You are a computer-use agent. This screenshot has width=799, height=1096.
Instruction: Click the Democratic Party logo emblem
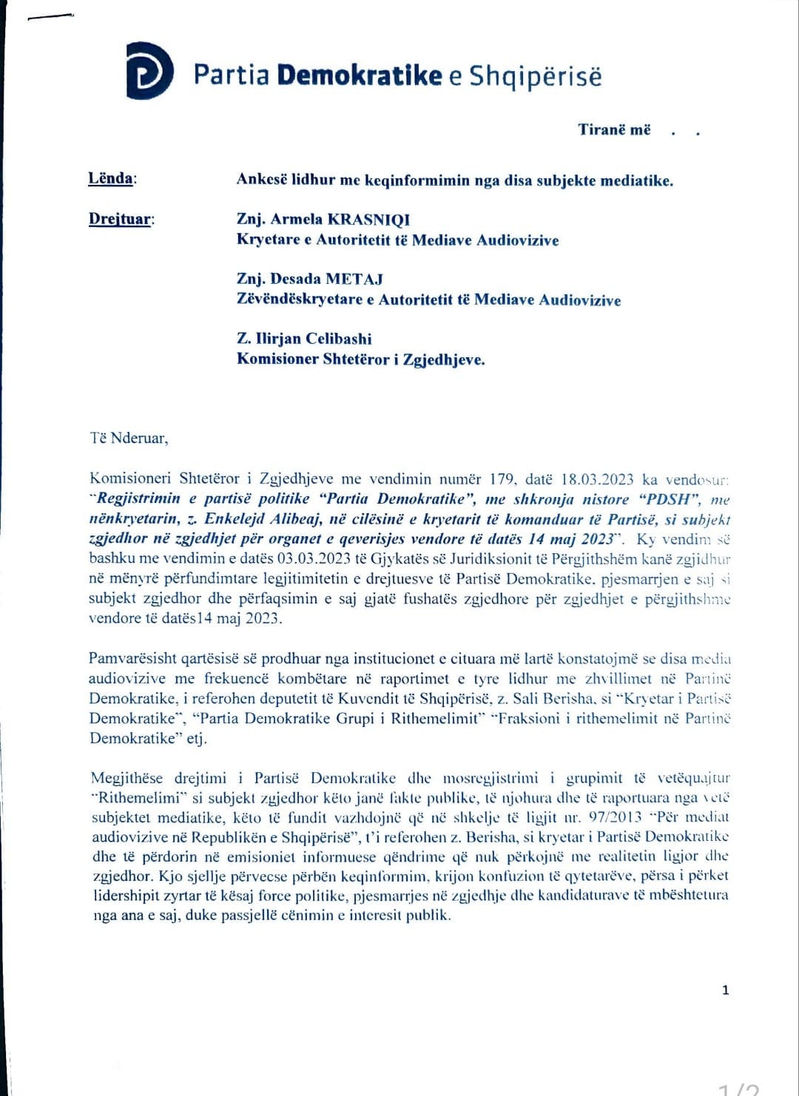pyautogui.click(x=149, y=71)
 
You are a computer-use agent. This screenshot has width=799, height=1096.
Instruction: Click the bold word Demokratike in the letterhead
pyautogui.click(x=359, y=75)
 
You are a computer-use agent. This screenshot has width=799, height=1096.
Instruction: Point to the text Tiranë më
pyautogui.click(x=614, y=130)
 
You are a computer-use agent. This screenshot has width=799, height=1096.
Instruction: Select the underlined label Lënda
pyautogui.click(x=111, y=178)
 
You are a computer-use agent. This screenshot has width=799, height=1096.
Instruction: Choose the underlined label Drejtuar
pyautogui.click(x=120, y=219)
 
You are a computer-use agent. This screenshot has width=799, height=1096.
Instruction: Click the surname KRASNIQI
pyautogui.click(x=368, y=219)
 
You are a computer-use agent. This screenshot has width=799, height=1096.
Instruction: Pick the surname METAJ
pyautogui.click(x=354, y=279)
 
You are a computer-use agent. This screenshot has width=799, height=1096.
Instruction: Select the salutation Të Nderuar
pyautogui.click(x=129, y=438)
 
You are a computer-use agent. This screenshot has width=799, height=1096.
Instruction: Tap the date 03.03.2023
pyautogui.click(x=303, y=559)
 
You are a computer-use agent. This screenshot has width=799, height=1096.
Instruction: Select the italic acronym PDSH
pyautogui.click(x=668, y=499)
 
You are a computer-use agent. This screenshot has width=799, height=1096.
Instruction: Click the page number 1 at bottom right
pyautogui.click(x=725, y=990)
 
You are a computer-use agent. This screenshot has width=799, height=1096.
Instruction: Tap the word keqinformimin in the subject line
pyautogui.click(x=417, y=180)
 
